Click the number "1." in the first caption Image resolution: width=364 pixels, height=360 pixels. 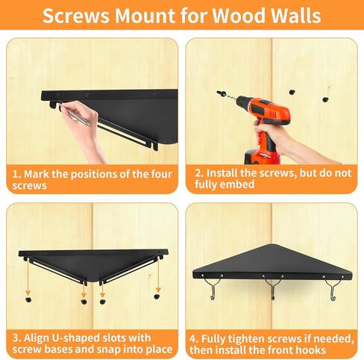tap(16, 173)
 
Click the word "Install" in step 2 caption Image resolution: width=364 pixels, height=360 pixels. tap(223, 173)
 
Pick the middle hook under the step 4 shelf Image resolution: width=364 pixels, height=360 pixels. tap(274, 285)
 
